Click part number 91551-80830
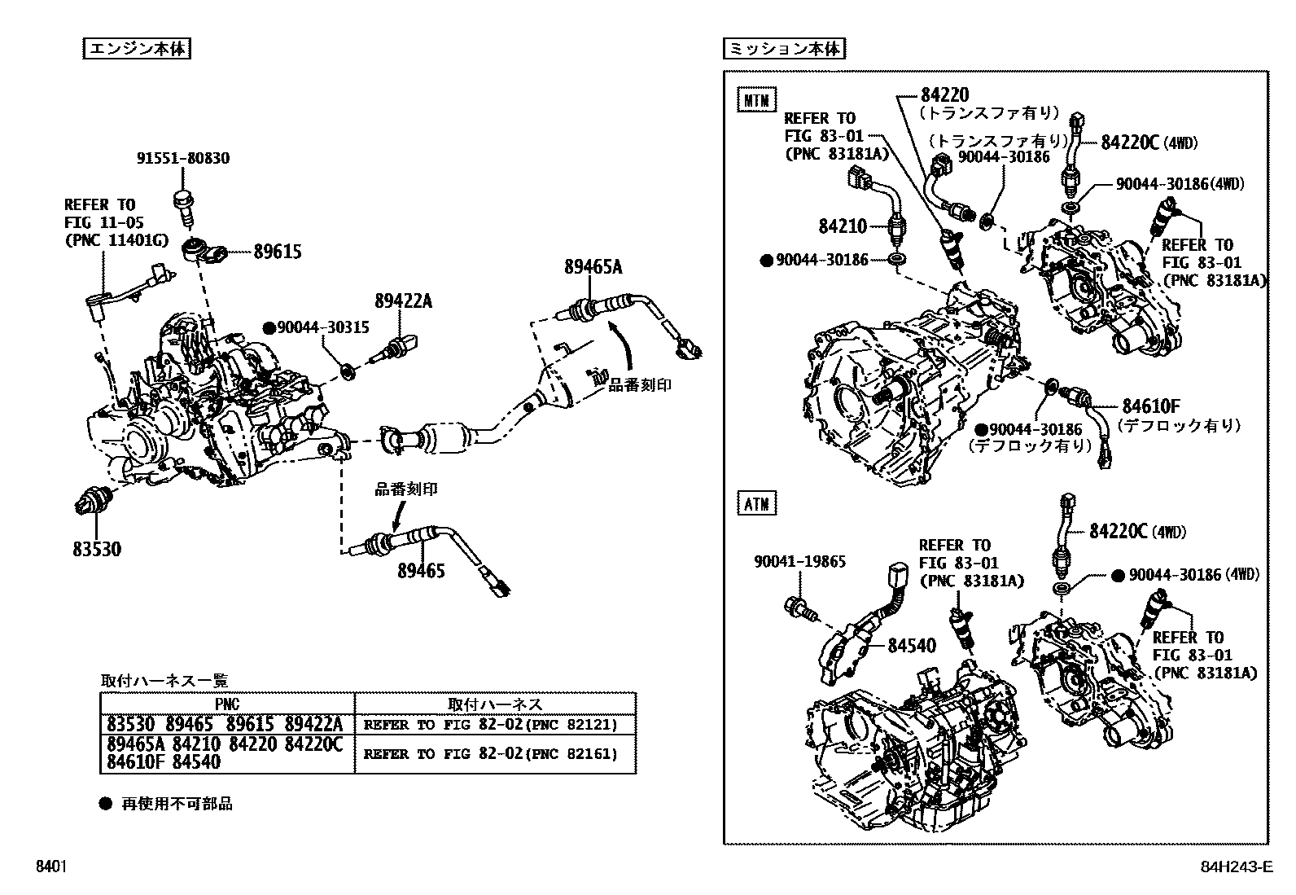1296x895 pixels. tap(182, 158)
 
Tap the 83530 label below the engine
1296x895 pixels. tap(96, 550)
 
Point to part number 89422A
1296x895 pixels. tap(403, 301)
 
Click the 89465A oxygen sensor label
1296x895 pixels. tap(593, 266)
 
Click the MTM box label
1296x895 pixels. tap(757, 100)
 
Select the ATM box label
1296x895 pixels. tap(757, 503)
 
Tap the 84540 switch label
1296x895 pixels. tap(911, 646)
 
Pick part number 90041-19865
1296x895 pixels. tap(799, 561)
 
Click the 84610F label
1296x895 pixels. tap(1151, 406)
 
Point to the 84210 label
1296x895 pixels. tap(843, 226)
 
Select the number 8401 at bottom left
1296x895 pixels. tap(50, 866)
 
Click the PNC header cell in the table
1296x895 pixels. tap(227, 704)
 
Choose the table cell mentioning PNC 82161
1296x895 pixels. tap(491, 754)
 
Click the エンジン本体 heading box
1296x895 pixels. tap(137, 49)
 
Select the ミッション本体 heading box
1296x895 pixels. tap(784, 49)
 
